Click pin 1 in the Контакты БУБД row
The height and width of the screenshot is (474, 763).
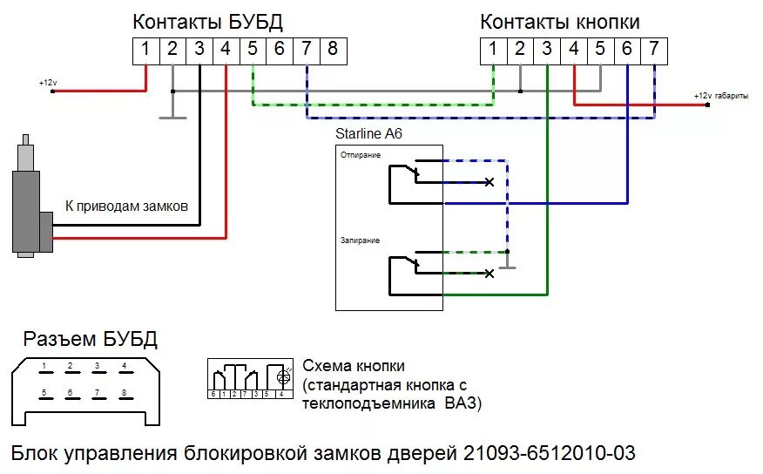(x=146, y=50)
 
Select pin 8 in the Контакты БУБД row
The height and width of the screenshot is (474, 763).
(x=333, y=50)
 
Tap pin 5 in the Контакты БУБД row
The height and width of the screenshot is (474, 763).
(x=253, y=50)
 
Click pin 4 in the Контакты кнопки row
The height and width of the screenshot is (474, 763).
(x=573, y=50)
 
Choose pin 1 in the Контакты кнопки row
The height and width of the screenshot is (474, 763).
(x=493, y=50)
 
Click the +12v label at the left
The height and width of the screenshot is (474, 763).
(x=48, y=83)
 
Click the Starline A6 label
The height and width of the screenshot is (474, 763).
(x=368, y=134)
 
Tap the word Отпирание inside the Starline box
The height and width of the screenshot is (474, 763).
(x=361, y=155)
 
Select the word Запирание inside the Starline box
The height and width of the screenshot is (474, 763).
(x=360, y=240)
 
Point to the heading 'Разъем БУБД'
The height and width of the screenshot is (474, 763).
(x=90, y=339)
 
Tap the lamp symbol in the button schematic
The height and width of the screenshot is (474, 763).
(x=282, y=377)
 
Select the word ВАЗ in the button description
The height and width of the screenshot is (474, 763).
(x=462, y=404)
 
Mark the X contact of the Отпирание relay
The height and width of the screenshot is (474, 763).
(x=490, y=182)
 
